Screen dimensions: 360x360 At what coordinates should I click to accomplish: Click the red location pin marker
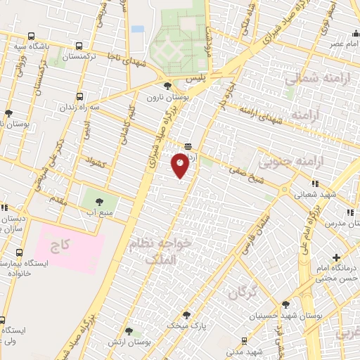click(x=180, y=165)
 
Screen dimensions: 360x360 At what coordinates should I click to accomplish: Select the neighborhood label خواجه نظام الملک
click(x=160, y=252)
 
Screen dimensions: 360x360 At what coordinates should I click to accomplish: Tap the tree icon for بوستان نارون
click(x=167, y=86)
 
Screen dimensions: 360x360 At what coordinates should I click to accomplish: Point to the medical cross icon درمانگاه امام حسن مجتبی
click(x=337, y=258)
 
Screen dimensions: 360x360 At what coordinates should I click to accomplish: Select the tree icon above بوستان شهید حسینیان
click(x=285, y=304)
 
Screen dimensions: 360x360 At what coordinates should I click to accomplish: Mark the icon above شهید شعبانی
click(x=315, y=184)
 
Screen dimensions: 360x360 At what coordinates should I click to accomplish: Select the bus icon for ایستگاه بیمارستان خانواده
click(x=19, y=252)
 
